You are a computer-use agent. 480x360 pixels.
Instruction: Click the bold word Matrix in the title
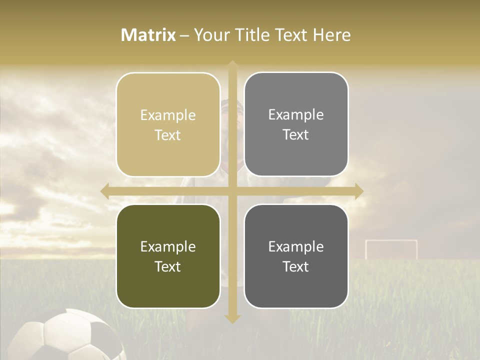tap(148, 35)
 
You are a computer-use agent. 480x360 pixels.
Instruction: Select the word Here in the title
tap(331, 35)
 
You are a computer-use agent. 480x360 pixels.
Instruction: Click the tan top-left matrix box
tap(168, 125)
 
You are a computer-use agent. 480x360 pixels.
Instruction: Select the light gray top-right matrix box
tap(296, 124)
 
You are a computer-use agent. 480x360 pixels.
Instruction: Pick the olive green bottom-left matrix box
tap(168, 256)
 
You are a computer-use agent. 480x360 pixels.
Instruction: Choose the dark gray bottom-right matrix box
tap(296, 256)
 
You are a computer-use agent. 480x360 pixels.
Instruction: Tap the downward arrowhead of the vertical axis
tap(232, 318)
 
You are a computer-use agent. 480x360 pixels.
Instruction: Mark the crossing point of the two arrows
tap(232, 191)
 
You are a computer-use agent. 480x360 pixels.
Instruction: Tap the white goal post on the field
tap(391, 248)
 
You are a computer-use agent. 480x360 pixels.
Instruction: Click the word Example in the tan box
tap(168, 115)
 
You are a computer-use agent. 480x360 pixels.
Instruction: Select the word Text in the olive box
tap(168, 266)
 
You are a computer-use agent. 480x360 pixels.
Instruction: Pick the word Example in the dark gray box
tap(296, 246)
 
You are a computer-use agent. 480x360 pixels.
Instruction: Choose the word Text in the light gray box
tap(296, 134)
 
